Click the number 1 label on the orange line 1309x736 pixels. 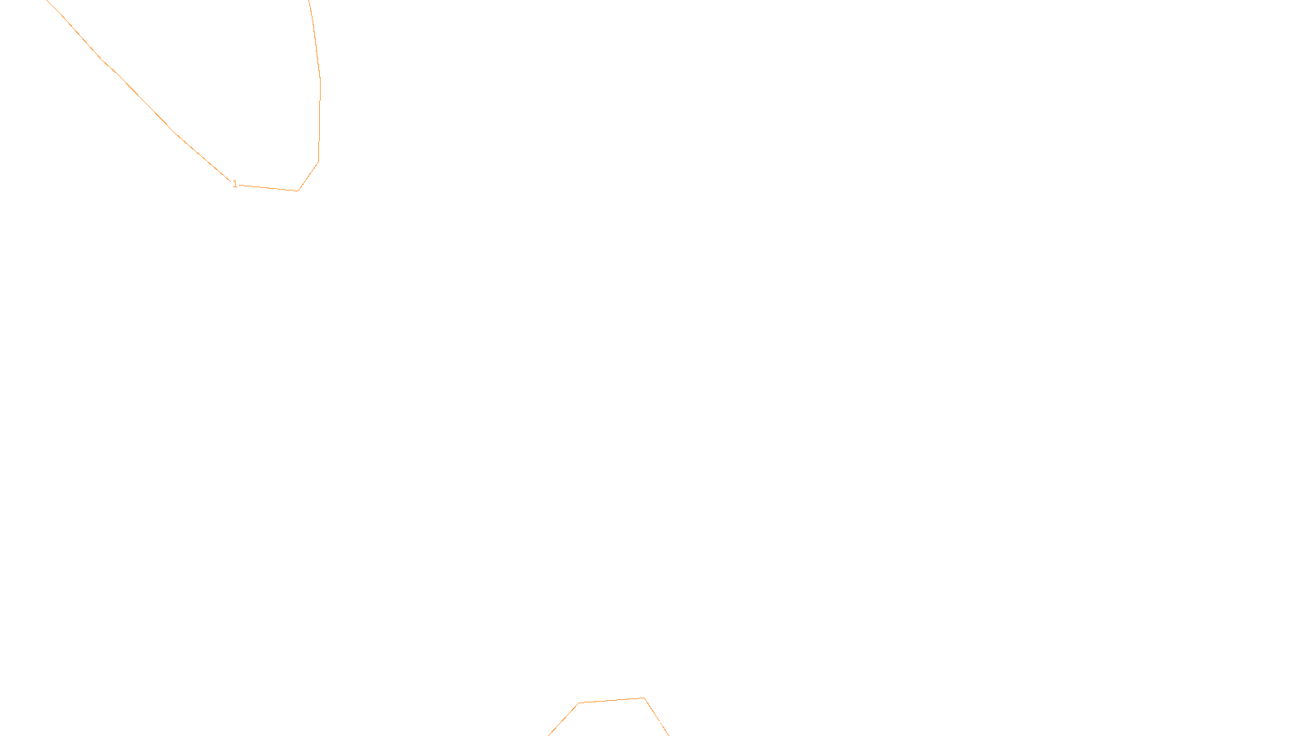click(x=235, y=184)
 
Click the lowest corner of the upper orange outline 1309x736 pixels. click(x=298, y=191)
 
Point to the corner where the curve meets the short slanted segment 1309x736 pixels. click(x=318, y=161)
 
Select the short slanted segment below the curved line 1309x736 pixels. click(x=308, y=176)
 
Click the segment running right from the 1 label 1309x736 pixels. click(x=268, y=187)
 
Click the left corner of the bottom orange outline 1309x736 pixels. click(x=578, y=702)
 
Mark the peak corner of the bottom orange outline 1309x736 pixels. click(x=644, y=698)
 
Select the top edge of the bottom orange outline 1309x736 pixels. click(x=611, y=700)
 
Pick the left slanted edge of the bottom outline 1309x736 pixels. click(x=564, y=719)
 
